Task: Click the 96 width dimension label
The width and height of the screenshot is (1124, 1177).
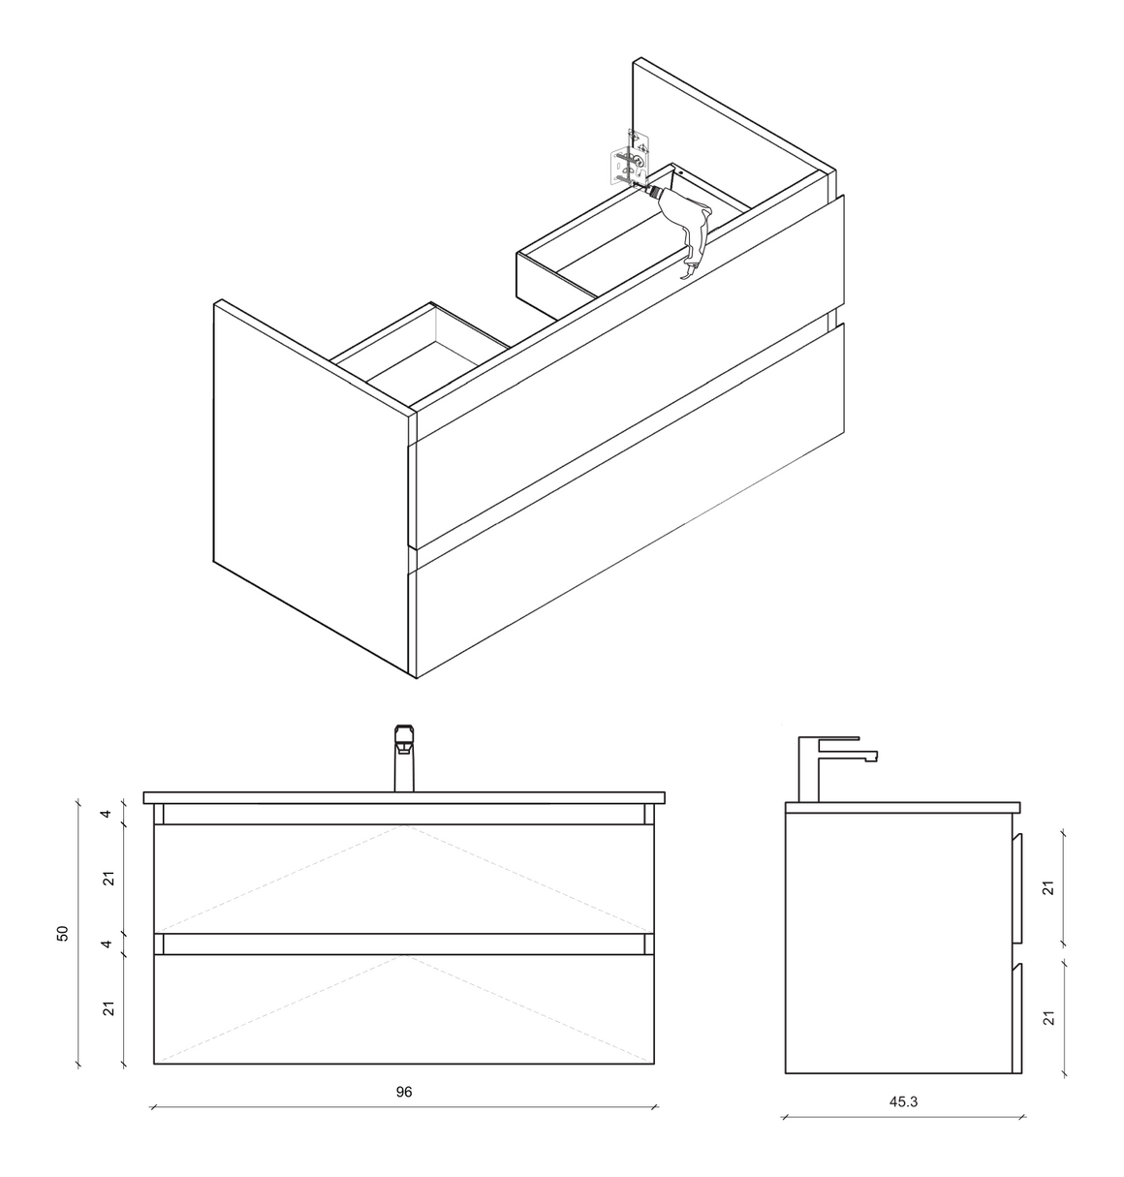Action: click(403, 1092)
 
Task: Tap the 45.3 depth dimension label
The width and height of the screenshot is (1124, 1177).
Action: click(903, 1102)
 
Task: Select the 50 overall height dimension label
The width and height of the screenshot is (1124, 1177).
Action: click(62, 933)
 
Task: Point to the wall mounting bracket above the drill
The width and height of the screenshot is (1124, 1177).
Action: click(631, 159)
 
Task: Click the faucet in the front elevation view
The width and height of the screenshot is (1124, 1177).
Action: click(404, 758)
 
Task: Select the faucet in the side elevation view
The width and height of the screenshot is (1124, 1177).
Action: click(837, 769)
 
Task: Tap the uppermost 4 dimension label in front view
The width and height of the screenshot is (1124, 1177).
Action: click(107, 814)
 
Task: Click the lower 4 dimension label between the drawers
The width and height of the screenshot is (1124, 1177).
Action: click(107, 944)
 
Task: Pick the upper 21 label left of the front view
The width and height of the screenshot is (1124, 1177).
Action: click(108, 879)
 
